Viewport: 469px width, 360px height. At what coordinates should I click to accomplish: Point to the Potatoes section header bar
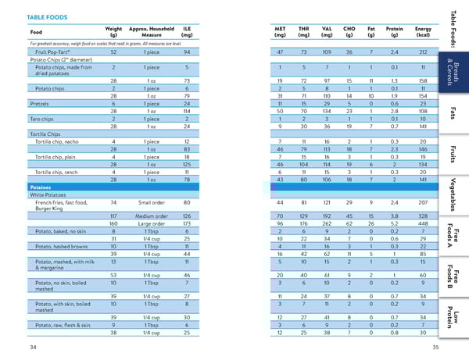coord(41,188)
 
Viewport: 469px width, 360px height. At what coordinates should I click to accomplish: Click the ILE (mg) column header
coord(187,32)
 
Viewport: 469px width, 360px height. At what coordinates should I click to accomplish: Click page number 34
coord(31,346)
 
